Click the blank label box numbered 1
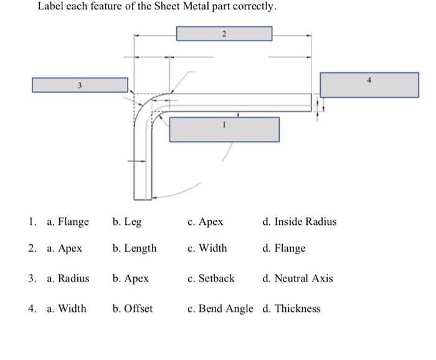coord(224,129)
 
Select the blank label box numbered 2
coord(224,33)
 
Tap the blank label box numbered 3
coord(80,85)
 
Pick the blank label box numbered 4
coord(369,85)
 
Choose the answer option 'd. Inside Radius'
coord(299,222)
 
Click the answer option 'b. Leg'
coord(127,222)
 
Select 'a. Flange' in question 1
coord(68,222)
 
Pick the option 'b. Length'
coord(135,249)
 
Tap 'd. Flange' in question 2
coord(284,249)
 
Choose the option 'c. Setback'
coord(211,278)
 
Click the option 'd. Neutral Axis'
coord(298,278)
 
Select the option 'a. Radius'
coord(68,278)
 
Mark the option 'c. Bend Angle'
coord(220,308)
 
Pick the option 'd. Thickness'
coord(291,308)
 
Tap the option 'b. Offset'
coord(133,308)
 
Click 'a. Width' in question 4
coord(67,308)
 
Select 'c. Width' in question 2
coord(207,249)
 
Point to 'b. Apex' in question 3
coord(131,278)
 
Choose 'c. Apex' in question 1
coord(205,222)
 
